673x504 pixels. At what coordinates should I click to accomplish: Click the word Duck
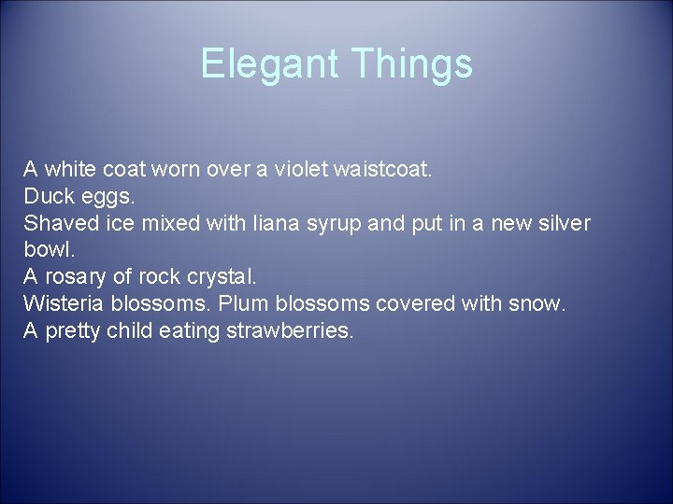coord(43,197)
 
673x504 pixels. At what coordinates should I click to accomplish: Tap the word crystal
coord(222,278)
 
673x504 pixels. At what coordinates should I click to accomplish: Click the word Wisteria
coord(60,305)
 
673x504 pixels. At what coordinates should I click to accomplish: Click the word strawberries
coord(290,331)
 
